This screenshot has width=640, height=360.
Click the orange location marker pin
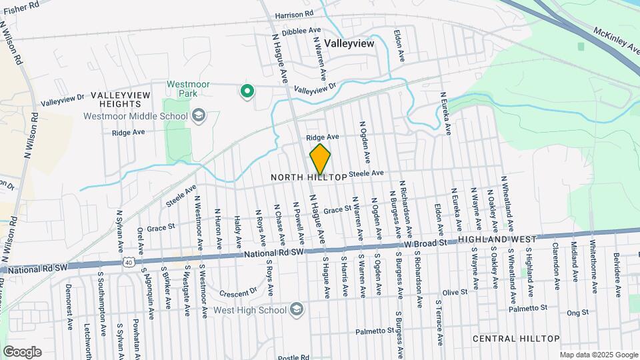321,159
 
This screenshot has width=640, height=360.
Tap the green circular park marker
247,91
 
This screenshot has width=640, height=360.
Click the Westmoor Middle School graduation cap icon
197,116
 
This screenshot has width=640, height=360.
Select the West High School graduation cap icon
296,309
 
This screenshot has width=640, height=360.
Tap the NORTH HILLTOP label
309,177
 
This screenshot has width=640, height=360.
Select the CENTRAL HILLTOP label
516,339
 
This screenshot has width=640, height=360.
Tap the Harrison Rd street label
293,14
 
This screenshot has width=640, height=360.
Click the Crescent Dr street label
238,291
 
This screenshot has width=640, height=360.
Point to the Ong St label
577,312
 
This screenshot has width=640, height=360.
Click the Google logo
22,351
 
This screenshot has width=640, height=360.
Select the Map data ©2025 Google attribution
597,355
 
